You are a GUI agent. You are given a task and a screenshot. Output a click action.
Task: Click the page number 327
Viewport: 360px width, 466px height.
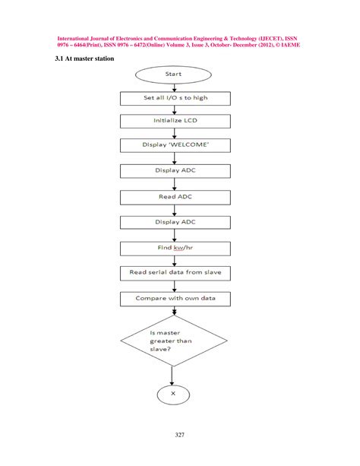point(180,434)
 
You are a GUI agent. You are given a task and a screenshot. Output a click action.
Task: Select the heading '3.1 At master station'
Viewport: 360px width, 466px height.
point(84,59)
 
